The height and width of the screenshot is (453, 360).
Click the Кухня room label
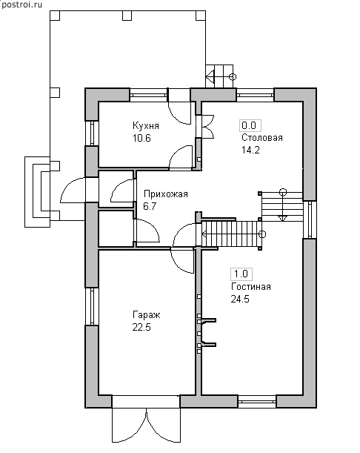(x=146, y=126)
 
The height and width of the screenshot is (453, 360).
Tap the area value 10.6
(x=141, y=138)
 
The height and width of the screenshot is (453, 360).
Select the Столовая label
(x=261, y=137)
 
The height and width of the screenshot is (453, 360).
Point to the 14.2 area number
(x=250, y=150)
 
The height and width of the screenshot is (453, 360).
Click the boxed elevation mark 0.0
(x=250, y=126)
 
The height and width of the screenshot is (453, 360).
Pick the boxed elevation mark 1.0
(x=241, y=274)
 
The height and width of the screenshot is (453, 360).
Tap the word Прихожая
(x=166, y=194)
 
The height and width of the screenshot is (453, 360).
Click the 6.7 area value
(x=150, y=206)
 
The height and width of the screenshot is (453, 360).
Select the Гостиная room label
(x=251, y=287)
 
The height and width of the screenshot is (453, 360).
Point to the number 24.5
(x=240, y=299)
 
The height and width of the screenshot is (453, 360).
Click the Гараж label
(x=147, y=315)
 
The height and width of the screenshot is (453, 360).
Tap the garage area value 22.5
(x=141, y=328)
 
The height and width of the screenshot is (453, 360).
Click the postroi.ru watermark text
(x=22, y=5)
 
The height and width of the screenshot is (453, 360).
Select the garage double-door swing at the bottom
(x=146, y=425)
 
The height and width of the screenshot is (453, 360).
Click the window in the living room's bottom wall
(x=257, y=402)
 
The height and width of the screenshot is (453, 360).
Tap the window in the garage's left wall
(x=92, y=306)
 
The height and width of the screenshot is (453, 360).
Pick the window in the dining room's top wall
(x=255, y=95)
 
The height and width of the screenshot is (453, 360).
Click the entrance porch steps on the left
(x=38, y=192)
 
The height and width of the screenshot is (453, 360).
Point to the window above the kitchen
(x=148, y=95)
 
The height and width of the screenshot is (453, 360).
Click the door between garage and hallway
(x=182, y=260)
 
